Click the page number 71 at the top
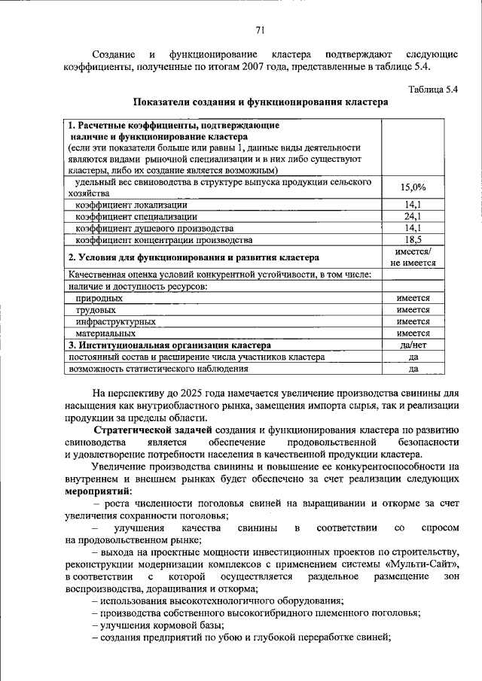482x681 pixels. [261, 30]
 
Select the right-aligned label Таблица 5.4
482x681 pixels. [432, 88]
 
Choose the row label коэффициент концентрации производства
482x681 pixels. [163, 240]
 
